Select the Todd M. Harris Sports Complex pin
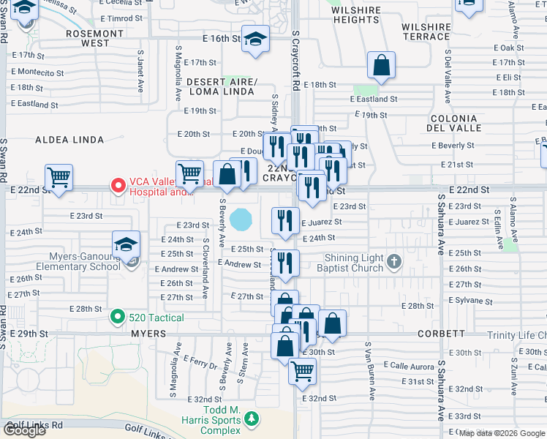(252, 419)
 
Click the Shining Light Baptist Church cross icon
(393, 261)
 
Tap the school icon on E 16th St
(255, 40)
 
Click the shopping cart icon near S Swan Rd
(59, 177)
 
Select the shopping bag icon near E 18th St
(381, 65)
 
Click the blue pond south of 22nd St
(241, 218)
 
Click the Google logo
(24, 430)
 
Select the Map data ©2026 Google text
(502, 433)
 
